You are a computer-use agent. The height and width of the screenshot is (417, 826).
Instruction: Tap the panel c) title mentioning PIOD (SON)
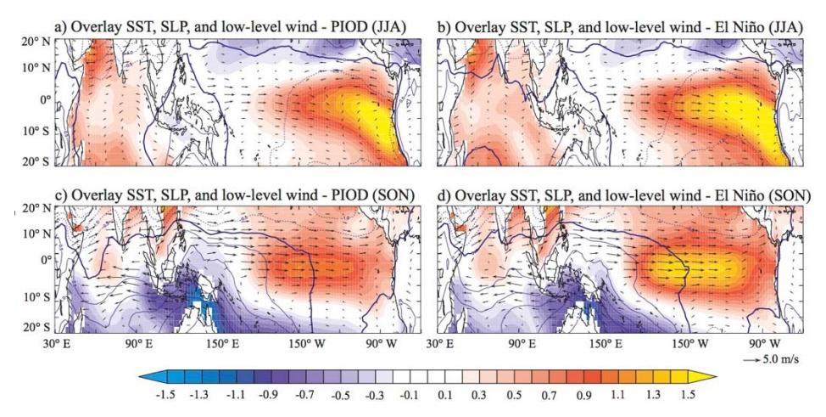[234, 195]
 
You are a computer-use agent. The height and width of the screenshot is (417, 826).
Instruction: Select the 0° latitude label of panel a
[44, 99]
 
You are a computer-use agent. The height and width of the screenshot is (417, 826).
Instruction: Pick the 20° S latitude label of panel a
[36, 161]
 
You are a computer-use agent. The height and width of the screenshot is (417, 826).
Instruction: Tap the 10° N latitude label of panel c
[36, 234]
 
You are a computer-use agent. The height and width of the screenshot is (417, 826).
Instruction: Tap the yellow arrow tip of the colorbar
[709, 377]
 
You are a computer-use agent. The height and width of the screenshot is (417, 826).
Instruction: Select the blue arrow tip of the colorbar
[149, 377]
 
